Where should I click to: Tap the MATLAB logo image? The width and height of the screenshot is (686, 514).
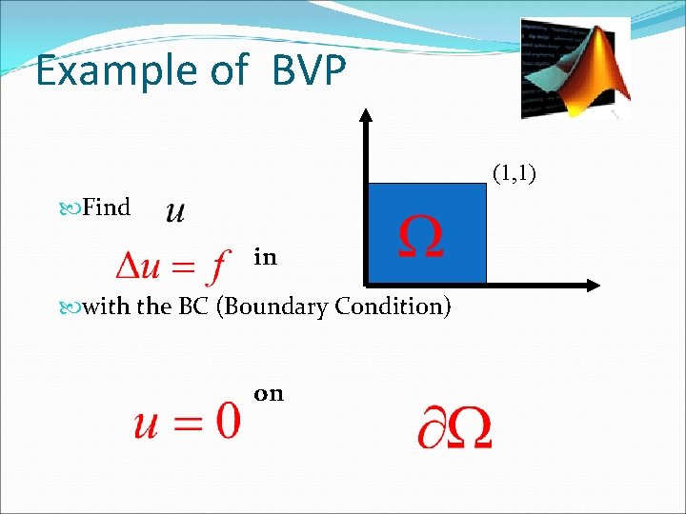coord(575,68)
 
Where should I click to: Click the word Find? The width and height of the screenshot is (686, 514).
coord(106,208)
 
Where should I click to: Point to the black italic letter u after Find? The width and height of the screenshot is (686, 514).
coord(175,210)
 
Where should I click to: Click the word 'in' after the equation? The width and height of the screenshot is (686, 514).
coord(265,257)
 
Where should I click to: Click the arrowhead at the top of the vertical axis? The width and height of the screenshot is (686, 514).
coord(365,115)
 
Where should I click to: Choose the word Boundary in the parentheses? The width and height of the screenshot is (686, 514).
coord(273,307)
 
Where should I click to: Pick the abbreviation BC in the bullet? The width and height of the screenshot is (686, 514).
coord(193,307)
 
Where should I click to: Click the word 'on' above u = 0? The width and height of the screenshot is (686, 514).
coord(269,393)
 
